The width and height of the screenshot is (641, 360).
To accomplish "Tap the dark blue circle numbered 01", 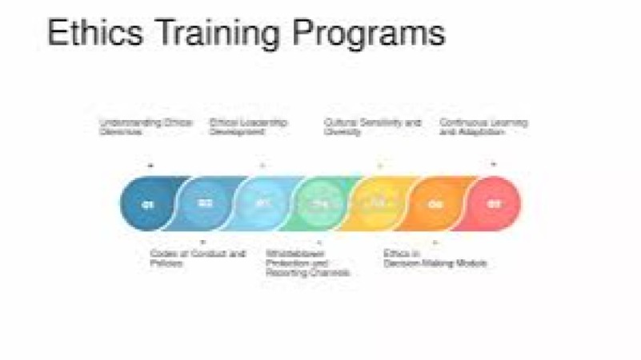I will (x=147, y=204).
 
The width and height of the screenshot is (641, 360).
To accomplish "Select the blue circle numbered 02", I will (x=206, y=204).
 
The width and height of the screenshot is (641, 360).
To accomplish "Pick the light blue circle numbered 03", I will (x=263, y=204).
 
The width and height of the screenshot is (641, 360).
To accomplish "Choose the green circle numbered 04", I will (x=320, y=204).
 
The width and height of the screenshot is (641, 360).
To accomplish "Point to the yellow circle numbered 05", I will (x=378, y=204).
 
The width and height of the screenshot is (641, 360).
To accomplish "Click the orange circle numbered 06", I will (x=436, y=204).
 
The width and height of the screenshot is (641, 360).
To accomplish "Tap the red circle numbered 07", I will (x=494, y=204).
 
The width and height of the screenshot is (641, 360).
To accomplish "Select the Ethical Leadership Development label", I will (x=248, y=126).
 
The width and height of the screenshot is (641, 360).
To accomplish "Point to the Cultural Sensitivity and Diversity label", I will (x=372, y=126).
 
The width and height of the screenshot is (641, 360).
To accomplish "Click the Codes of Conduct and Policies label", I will (x=197, y=258).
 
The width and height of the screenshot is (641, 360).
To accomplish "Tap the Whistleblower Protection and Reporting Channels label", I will (x=307, y=262).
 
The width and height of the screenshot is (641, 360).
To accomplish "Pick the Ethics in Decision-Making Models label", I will (x=435, y=258).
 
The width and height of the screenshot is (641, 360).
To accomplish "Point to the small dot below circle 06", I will (x=435, y=242).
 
